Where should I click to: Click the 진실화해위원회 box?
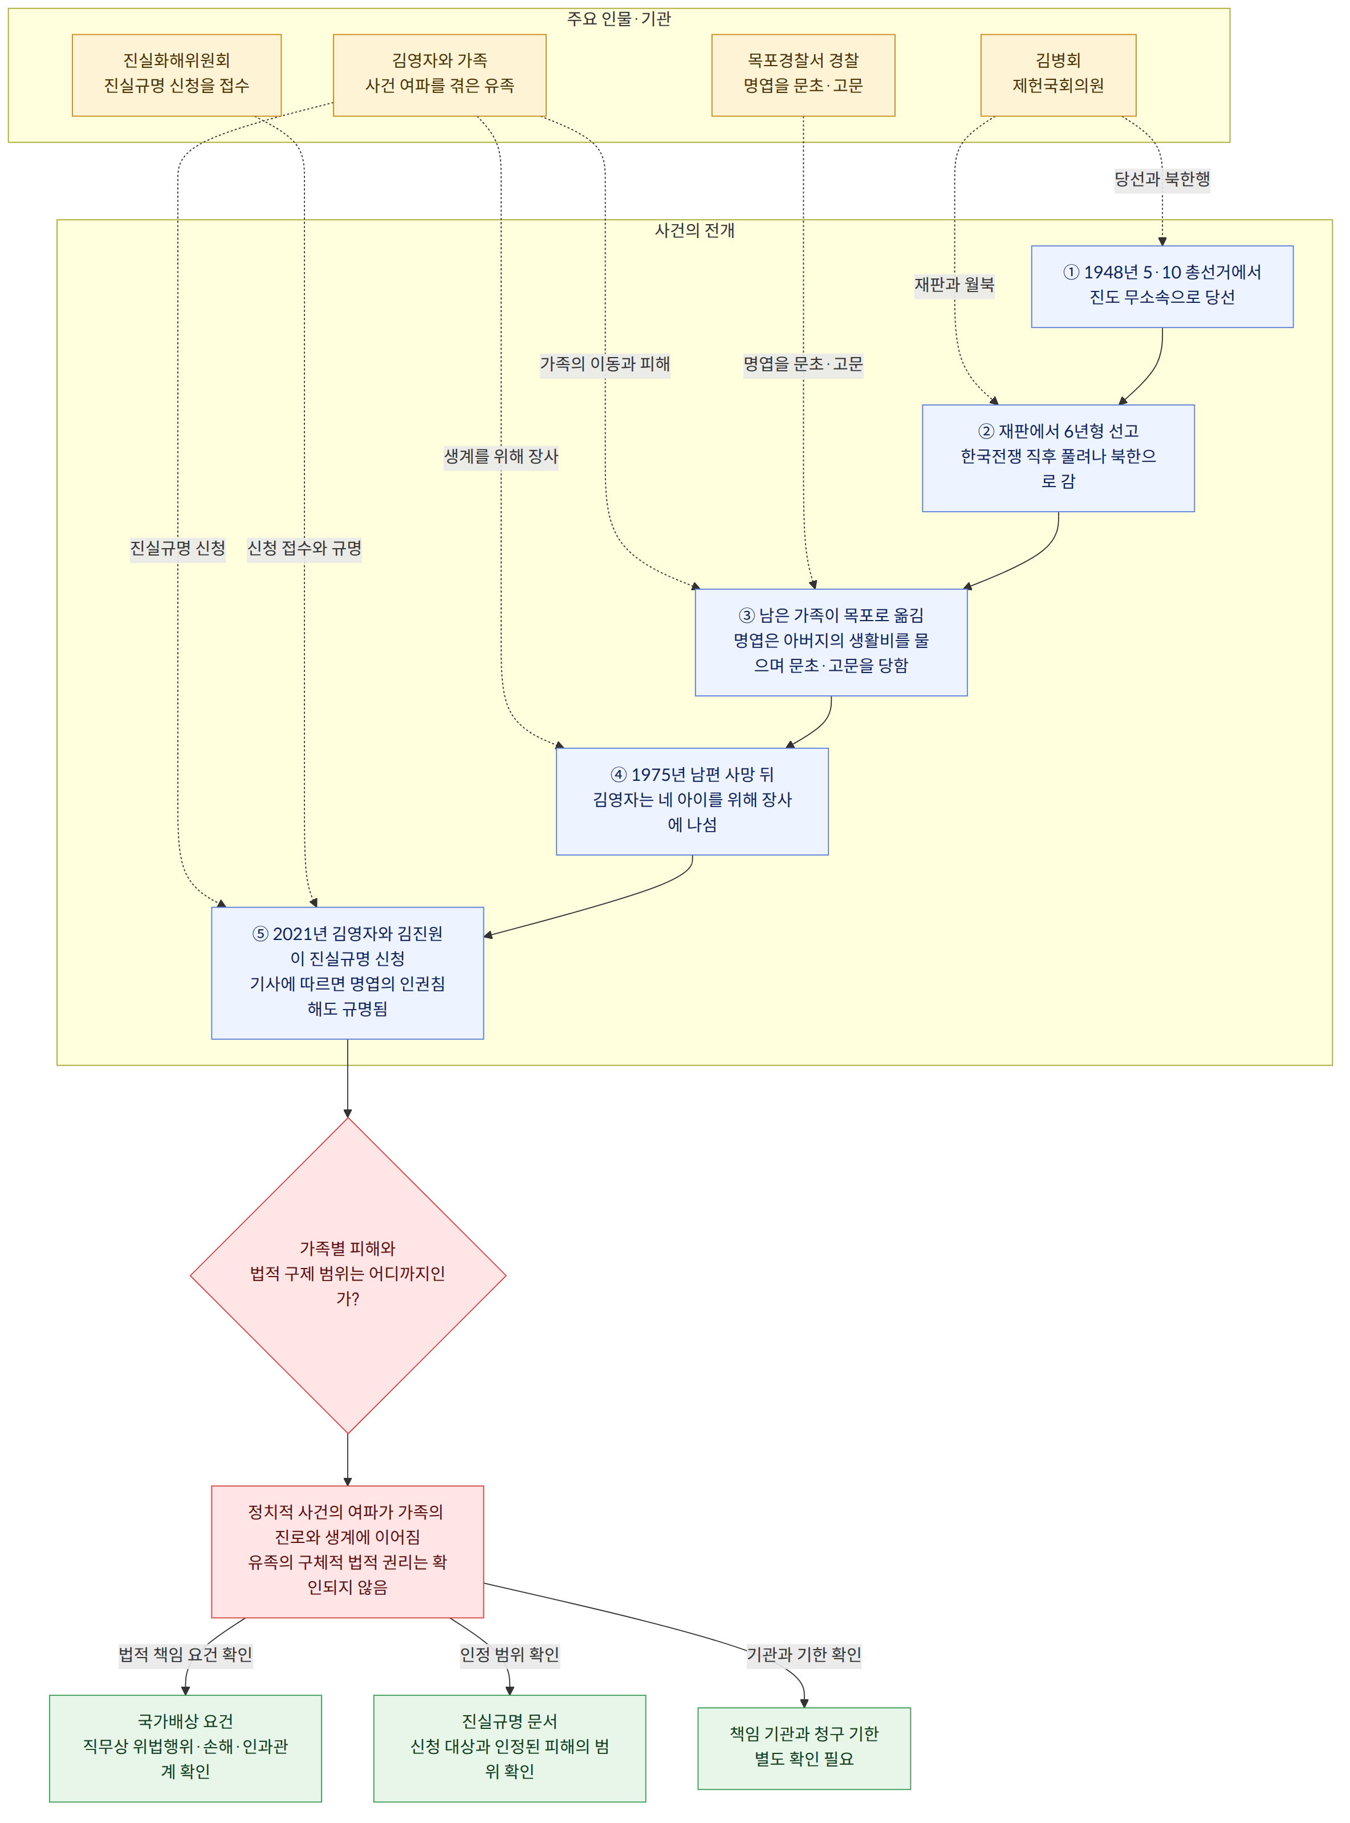coord(177,75)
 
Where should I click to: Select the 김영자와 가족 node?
coord(440,75)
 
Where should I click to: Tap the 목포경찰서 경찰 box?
coord(803,75)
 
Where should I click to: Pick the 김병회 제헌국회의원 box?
coord(1058,75)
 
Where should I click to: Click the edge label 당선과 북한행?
coord(1162,179)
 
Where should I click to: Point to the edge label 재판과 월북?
coord(954,285)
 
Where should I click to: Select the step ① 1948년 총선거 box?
coord(1162,287)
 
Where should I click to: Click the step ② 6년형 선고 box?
coord(1058,459)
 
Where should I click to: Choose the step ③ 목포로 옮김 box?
coord(831,642)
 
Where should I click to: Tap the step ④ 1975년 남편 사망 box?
coord(692,802)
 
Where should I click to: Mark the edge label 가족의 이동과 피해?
coord(605,364)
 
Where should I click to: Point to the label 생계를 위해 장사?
coord(501,456)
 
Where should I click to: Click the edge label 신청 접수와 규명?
coord(304,548)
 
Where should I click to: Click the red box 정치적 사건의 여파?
coord(347,1551)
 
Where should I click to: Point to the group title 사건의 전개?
coord(694,230)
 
